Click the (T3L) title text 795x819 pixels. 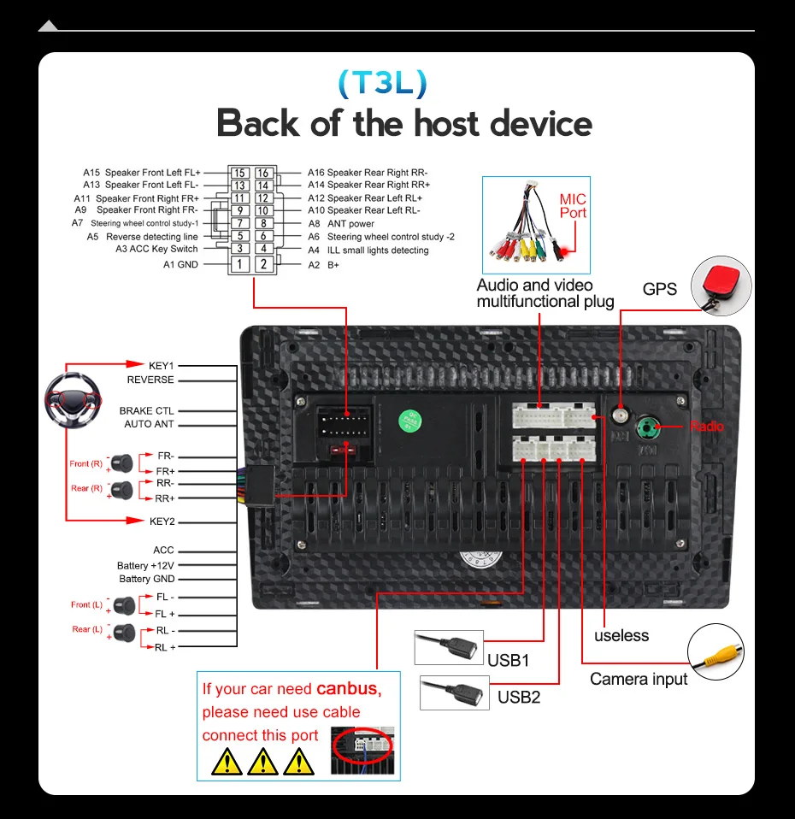pos(381,83)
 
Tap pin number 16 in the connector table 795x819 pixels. pos(263,173)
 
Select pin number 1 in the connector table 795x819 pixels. pos(240,264)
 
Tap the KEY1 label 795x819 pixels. pos(162,366)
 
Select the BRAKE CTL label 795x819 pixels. pos(147,411)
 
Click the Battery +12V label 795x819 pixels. pos(145,566)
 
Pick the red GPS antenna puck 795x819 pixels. pos(718,281)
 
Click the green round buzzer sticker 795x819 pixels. pos(411,421)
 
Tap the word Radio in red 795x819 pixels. pos(706,426)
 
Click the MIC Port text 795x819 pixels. pos(573,206)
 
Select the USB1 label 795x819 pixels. pos(509,660)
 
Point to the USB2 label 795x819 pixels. pos(519,697)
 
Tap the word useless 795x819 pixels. pos(621,635)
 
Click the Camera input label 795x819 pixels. pos(639,679)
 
